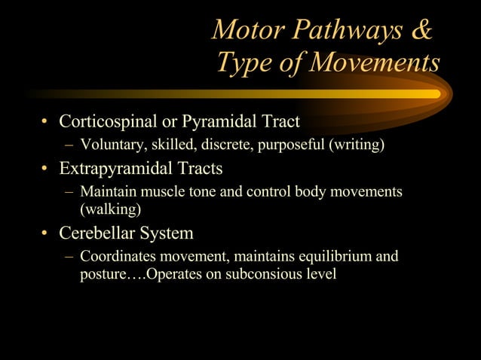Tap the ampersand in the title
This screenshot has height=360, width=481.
click(423, 29)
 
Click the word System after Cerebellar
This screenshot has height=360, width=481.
click(167, 233)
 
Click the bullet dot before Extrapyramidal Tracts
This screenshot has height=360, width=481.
click(45, 169)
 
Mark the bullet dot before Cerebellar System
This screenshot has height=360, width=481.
click(45, 233)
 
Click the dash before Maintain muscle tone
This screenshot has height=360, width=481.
click(69, 192)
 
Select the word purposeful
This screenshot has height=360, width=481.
click(288, 145)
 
